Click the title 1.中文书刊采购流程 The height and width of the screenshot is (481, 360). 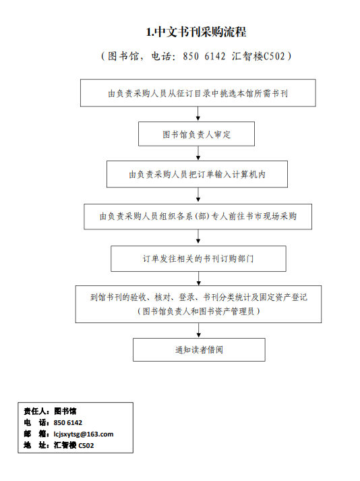196,32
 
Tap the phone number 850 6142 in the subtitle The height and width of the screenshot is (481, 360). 204,56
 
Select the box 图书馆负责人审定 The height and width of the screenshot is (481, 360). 196,134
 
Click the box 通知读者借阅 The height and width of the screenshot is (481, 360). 199,349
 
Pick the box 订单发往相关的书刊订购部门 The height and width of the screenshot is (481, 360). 198,258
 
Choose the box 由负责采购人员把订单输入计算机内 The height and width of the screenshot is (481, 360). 197,174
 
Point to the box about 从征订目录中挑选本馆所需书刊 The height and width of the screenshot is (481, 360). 198,93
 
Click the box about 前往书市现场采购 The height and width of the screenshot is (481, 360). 198,217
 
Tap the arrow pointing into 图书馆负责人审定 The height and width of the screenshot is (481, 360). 198,113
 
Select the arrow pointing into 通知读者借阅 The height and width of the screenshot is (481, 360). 199,330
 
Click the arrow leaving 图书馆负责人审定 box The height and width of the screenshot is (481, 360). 198,153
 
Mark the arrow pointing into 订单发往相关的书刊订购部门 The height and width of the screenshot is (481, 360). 198,237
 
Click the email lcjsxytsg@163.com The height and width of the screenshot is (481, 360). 84,434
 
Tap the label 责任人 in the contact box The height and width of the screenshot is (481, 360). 34,411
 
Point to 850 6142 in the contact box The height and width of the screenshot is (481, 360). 68,423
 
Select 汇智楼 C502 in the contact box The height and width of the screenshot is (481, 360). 73,445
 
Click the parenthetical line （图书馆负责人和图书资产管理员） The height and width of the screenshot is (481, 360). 199,312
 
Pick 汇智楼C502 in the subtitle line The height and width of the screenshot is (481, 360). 258,56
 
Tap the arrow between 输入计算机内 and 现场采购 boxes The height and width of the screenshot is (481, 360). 198,194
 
